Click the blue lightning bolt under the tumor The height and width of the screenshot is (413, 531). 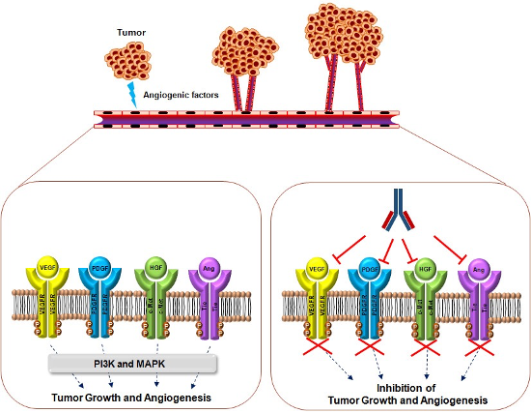(133, 94)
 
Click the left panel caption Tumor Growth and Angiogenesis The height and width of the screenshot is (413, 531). (133, 395)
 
